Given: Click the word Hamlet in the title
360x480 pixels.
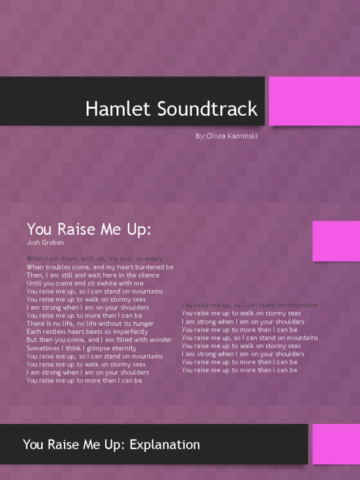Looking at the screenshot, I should [112, 109].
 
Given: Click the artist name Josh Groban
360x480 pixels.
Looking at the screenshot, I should [45, 243].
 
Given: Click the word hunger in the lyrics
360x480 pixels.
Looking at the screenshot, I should [142, 324].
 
